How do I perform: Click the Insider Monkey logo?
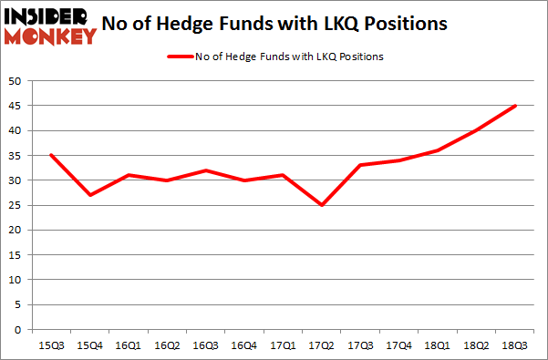click(49, 25)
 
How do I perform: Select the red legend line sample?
click(179, 57)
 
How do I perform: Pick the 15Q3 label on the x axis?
click(50, 345)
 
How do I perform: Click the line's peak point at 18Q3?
click(515, 106)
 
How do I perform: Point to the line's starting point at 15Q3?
click(50, 155)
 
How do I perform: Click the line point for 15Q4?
click(89, 195)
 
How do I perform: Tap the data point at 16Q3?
click(207, 170)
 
